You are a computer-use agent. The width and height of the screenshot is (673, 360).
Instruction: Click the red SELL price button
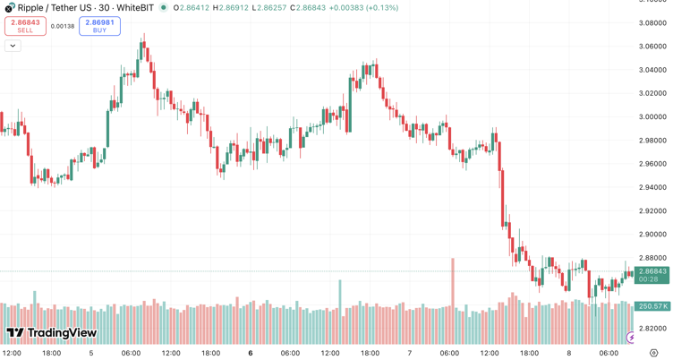pyautogui.click(x=25, y=26)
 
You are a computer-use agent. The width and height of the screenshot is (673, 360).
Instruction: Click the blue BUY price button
pyautogui.click(x=99, y=26)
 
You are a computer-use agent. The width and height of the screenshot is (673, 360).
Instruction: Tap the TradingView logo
pyautogui.click(x=51, y=334)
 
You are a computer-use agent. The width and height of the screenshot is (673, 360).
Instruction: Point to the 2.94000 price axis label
pyautogui.click(x=652, y=187)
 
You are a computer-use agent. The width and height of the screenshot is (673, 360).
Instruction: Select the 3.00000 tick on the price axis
pyautogui.click(x=652, y=116)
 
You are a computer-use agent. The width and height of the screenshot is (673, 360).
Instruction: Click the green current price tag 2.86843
pyautogui.click(x=652, y=271)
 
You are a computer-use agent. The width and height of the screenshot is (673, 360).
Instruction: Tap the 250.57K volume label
pyautogui.click(x=652, y=306)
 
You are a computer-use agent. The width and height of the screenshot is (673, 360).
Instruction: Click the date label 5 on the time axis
pyautogui.click(x=91, y=353)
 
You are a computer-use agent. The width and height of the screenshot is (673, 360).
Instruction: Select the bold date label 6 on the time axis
pyautogui.click(x=251, y=353)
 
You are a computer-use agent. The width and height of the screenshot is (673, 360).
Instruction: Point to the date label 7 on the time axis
pyautogui.click(x=409, y=353)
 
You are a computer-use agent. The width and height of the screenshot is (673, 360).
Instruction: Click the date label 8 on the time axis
pyautogui.click(x=568, y=353)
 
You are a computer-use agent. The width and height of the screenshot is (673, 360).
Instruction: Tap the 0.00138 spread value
pyautogui.click(x=63, y=26)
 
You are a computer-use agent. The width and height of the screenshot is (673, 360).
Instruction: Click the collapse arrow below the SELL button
pyautogui.click(x=13, y=46)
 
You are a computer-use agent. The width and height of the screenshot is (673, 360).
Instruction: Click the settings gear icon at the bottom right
pyautogui.click(x=653, y=353)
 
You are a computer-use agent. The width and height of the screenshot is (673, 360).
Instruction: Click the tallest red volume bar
pyautogui.click(x=453, y=287)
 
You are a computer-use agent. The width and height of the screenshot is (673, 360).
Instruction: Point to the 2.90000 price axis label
pyautogui.click(x=652, y=235)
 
